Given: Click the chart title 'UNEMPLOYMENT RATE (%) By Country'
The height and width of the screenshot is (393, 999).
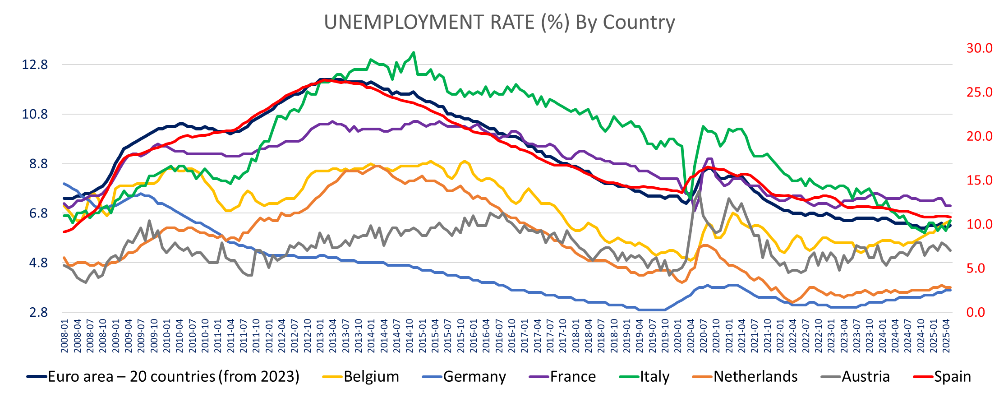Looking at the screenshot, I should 499,22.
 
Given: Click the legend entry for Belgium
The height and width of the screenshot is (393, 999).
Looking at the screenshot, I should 371,376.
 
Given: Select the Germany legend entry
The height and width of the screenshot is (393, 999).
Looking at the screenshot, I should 474,376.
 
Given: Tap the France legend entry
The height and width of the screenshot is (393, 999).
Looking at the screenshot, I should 572,376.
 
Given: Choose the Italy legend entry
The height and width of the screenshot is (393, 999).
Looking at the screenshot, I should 654,376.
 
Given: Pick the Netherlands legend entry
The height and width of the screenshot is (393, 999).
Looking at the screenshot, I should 755,376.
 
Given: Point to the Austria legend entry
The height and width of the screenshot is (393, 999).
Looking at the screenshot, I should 865,376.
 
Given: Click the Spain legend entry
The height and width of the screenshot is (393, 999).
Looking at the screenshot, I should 952,376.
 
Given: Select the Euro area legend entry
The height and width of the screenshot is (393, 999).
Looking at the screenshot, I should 173,376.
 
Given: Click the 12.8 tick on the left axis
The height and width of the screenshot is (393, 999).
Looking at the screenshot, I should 35,65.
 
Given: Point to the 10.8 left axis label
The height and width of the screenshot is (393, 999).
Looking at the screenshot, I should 35,115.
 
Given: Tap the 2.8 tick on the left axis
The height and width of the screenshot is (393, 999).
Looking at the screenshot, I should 38,312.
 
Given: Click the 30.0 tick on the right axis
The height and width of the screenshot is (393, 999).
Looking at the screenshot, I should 979,48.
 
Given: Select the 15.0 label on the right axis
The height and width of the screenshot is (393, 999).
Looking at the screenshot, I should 979,180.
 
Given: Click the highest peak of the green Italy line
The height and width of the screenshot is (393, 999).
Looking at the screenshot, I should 414,52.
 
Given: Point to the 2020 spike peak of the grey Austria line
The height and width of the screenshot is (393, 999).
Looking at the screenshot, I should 699,191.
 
